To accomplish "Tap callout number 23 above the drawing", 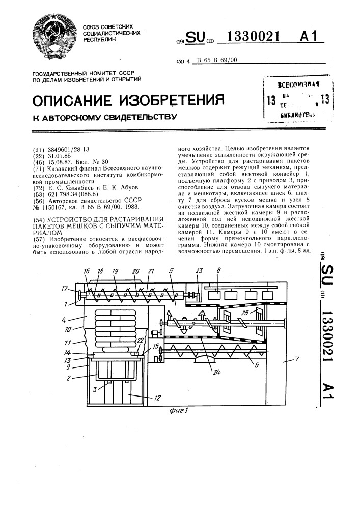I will point(198,271).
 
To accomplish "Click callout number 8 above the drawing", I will point(217,271).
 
